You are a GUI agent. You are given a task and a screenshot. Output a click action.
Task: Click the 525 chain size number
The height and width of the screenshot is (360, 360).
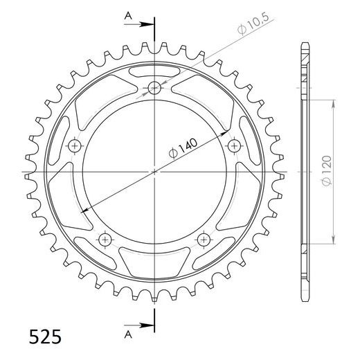[x=45, y=336]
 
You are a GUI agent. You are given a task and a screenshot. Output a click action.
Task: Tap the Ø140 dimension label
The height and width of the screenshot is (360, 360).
[x=183, y=149]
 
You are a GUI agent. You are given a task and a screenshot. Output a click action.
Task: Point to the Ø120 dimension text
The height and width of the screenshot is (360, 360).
[x=327, y=170]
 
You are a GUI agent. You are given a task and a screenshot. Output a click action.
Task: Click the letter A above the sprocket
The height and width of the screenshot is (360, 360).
[x=128, y=16]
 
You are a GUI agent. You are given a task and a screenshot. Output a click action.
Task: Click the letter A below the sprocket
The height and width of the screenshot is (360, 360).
[x=128, y=334]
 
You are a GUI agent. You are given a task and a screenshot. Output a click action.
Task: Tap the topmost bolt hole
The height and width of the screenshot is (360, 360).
[x=154, y=88]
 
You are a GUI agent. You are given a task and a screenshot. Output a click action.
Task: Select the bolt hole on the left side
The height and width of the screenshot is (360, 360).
[x=75, y=146]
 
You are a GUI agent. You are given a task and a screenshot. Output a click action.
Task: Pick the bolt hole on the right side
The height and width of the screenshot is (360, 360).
[x=234, y=146]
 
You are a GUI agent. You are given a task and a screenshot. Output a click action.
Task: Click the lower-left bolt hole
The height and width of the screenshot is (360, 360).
[x=105, y=240]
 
